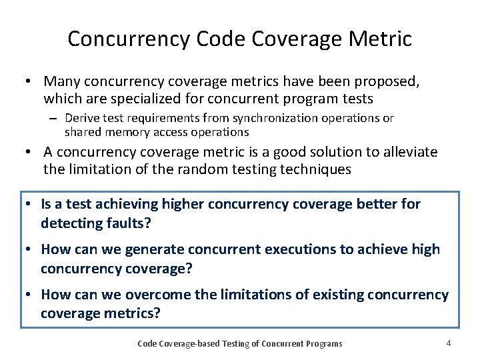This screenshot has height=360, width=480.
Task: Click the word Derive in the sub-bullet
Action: click(82, 118)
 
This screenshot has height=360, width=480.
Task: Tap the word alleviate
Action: click(410, 152)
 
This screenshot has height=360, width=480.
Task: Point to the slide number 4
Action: click(449, 343)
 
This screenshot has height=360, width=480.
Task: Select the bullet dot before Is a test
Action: click(30, 205)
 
